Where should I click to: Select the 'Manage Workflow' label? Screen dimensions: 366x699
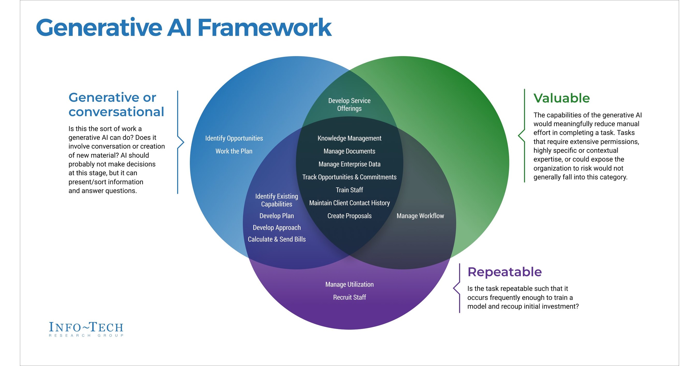click(x=420, y=216)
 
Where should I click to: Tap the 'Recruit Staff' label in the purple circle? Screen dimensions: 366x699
click(x=350, y=297)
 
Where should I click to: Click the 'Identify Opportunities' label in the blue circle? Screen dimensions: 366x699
click(x=234, y=138)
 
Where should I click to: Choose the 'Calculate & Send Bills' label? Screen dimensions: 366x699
click(x=277, y=239)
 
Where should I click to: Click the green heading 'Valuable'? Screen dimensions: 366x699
click(x=561, y=98)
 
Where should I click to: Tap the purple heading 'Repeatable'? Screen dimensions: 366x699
click(x=505, y=272)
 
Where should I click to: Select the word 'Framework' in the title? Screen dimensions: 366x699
click(x=264, y=28)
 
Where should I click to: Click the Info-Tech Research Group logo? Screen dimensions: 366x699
click(x=86, y=329)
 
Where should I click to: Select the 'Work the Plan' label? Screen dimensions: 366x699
click(x=234, y=151)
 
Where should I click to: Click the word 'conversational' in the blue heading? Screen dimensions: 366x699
click(x=116, y=112)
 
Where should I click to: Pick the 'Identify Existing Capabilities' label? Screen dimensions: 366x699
click(x=277, y=200)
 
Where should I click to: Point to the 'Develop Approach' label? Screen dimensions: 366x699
click(x=277, y=228)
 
